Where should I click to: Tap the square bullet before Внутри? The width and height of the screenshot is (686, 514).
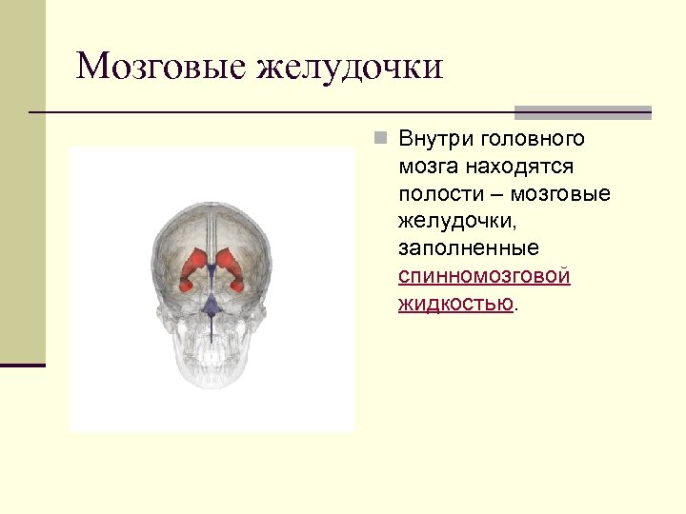tap(379, 139)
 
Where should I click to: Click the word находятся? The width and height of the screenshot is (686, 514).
tap(518, 167)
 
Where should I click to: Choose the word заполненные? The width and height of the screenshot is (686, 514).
tap(469, 248)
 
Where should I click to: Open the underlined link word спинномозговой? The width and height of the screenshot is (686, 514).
tap(484, 276)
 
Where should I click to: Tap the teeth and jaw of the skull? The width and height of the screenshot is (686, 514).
tap(211, 366)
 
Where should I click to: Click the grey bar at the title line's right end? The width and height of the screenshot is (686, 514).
tap(583, 111)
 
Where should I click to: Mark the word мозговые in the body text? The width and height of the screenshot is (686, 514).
tap(560, 194)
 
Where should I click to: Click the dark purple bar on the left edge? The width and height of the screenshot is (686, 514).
tap(23, 365)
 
